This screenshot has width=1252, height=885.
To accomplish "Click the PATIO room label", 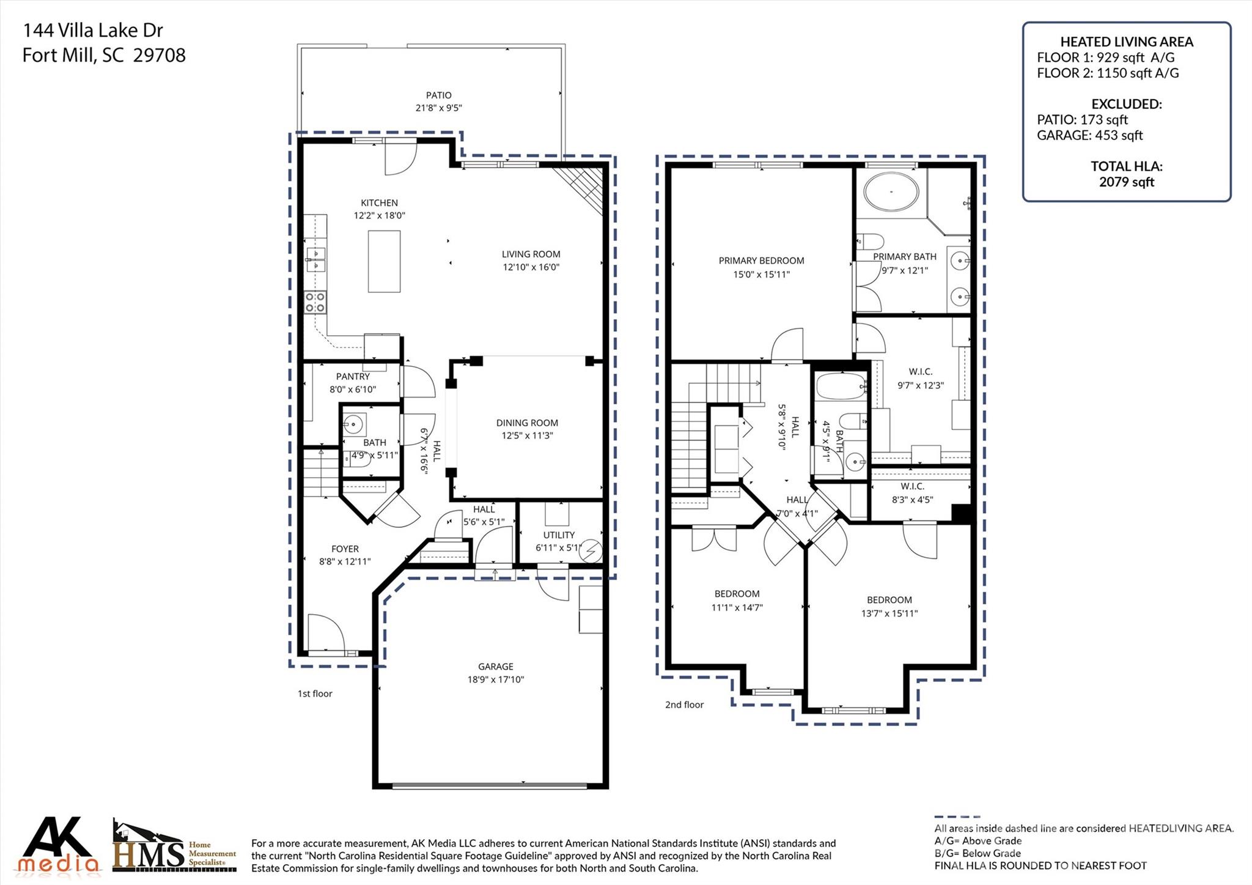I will click(438, 95).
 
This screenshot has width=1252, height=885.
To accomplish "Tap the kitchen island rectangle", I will click(384, 261).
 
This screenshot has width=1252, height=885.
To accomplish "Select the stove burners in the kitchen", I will click(315, 302).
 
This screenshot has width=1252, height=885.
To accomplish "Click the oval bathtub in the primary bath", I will click(891, 191).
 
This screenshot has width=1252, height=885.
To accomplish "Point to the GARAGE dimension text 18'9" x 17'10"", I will click(495, 679).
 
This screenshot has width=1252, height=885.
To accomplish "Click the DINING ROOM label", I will click(526, 423).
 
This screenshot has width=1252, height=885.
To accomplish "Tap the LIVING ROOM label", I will click(531, 254).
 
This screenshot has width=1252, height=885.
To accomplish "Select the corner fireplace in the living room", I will click(584, 186).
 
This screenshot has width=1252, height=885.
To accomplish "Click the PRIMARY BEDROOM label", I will click(761, 261).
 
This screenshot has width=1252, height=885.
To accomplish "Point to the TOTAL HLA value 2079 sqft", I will click(1126, 182).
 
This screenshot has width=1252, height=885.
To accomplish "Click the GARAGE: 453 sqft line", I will click(1089, 135).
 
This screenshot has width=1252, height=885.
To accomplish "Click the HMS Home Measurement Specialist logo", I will click(174, 848).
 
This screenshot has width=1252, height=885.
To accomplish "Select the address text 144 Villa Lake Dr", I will click(93, 30).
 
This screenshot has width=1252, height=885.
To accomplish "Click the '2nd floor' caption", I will click(684, 705).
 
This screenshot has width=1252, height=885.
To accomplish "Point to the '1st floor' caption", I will click(315, 694).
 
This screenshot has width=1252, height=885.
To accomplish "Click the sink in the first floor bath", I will click(353, 422).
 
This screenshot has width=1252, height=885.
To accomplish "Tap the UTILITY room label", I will click(559, 535).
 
